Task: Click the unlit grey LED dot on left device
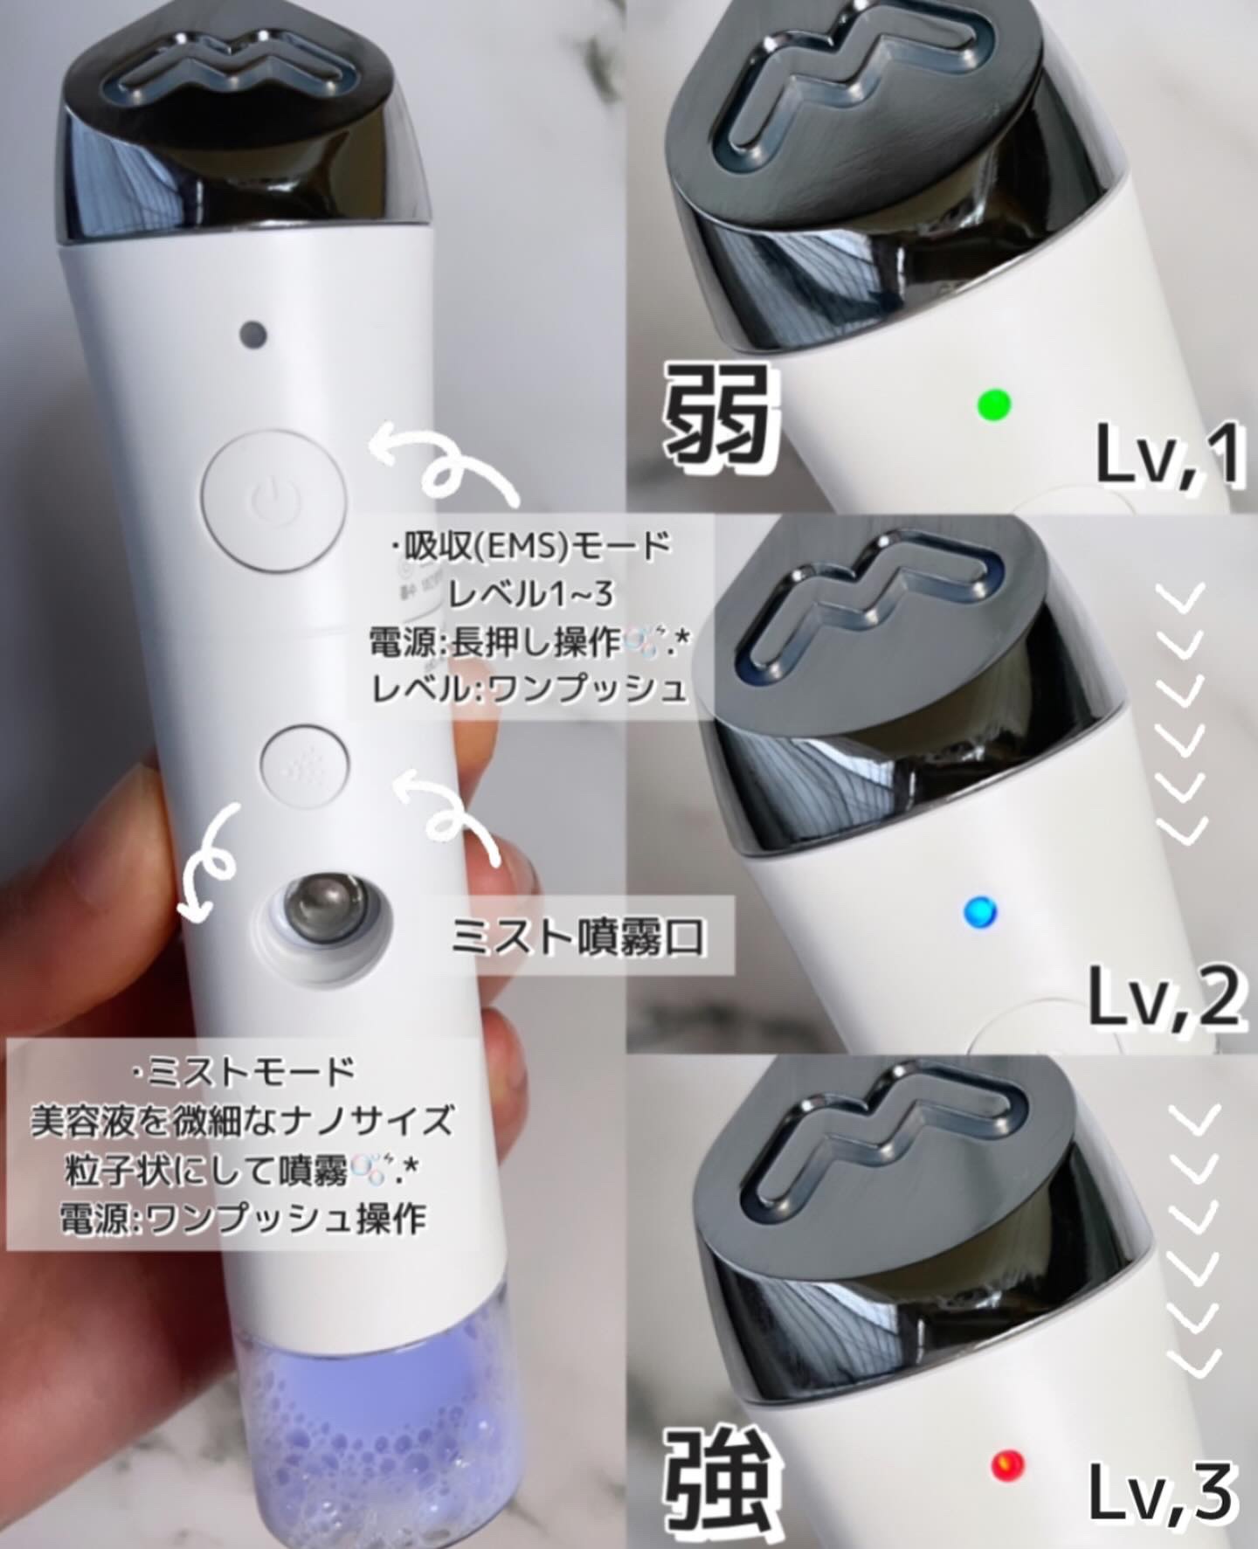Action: click(254, 333)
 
